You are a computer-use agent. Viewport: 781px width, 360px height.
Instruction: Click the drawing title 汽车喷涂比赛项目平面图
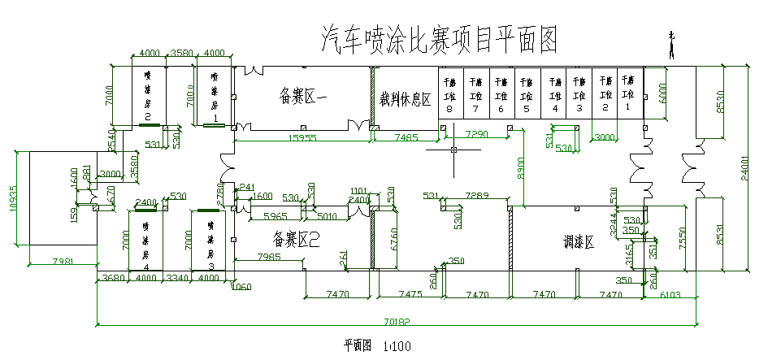tap(440, 38)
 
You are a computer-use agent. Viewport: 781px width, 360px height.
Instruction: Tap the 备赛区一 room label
tap(302, 96)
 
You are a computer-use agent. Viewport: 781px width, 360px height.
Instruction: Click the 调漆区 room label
tap(579, 241)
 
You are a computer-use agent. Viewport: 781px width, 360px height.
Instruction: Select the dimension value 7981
tap(63, 261)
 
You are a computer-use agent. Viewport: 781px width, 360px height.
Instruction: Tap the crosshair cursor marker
tap(454, 150)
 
